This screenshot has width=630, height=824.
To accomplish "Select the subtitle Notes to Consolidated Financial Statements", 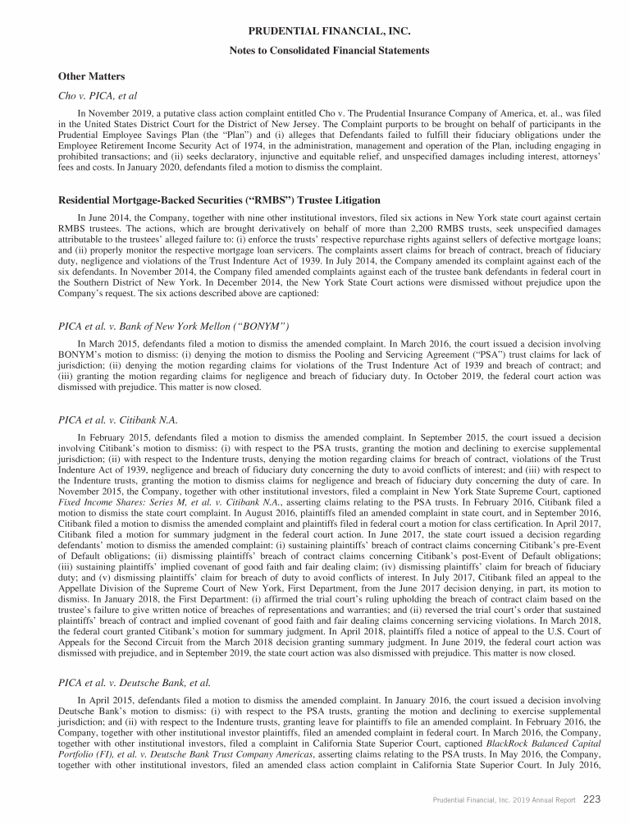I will [x=316, y=51].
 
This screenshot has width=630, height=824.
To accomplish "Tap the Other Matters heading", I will [x=91, y=76].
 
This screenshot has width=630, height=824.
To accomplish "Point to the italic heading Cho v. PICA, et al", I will [x=97, y=96].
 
